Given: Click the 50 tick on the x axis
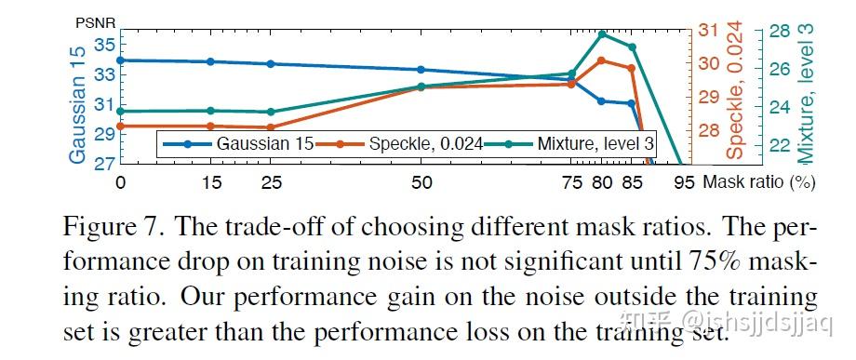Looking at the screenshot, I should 421,182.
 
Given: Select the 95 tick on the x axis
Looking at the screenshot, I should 684,182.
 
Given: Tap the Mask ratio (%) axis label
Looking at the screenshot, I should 760,182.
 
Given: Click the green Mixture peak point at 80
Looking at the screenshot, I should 602,34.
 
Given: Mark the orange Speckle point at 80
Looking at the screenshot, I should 602,60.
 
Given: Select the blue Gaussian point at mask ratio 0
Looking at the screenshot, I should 120,60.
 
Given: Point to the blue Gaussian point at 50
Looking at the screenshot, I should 421,70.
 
